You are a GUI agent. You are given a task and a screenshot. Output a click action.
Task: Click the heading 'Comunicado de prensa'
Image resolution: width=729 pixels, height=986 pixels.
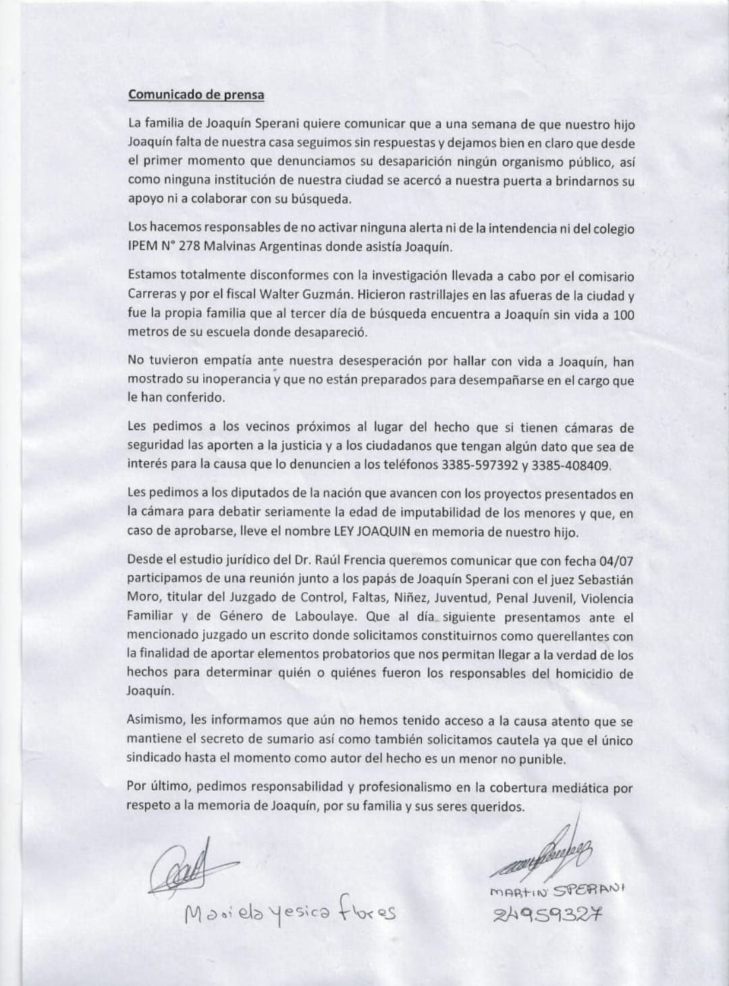[x=196, y=95]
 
